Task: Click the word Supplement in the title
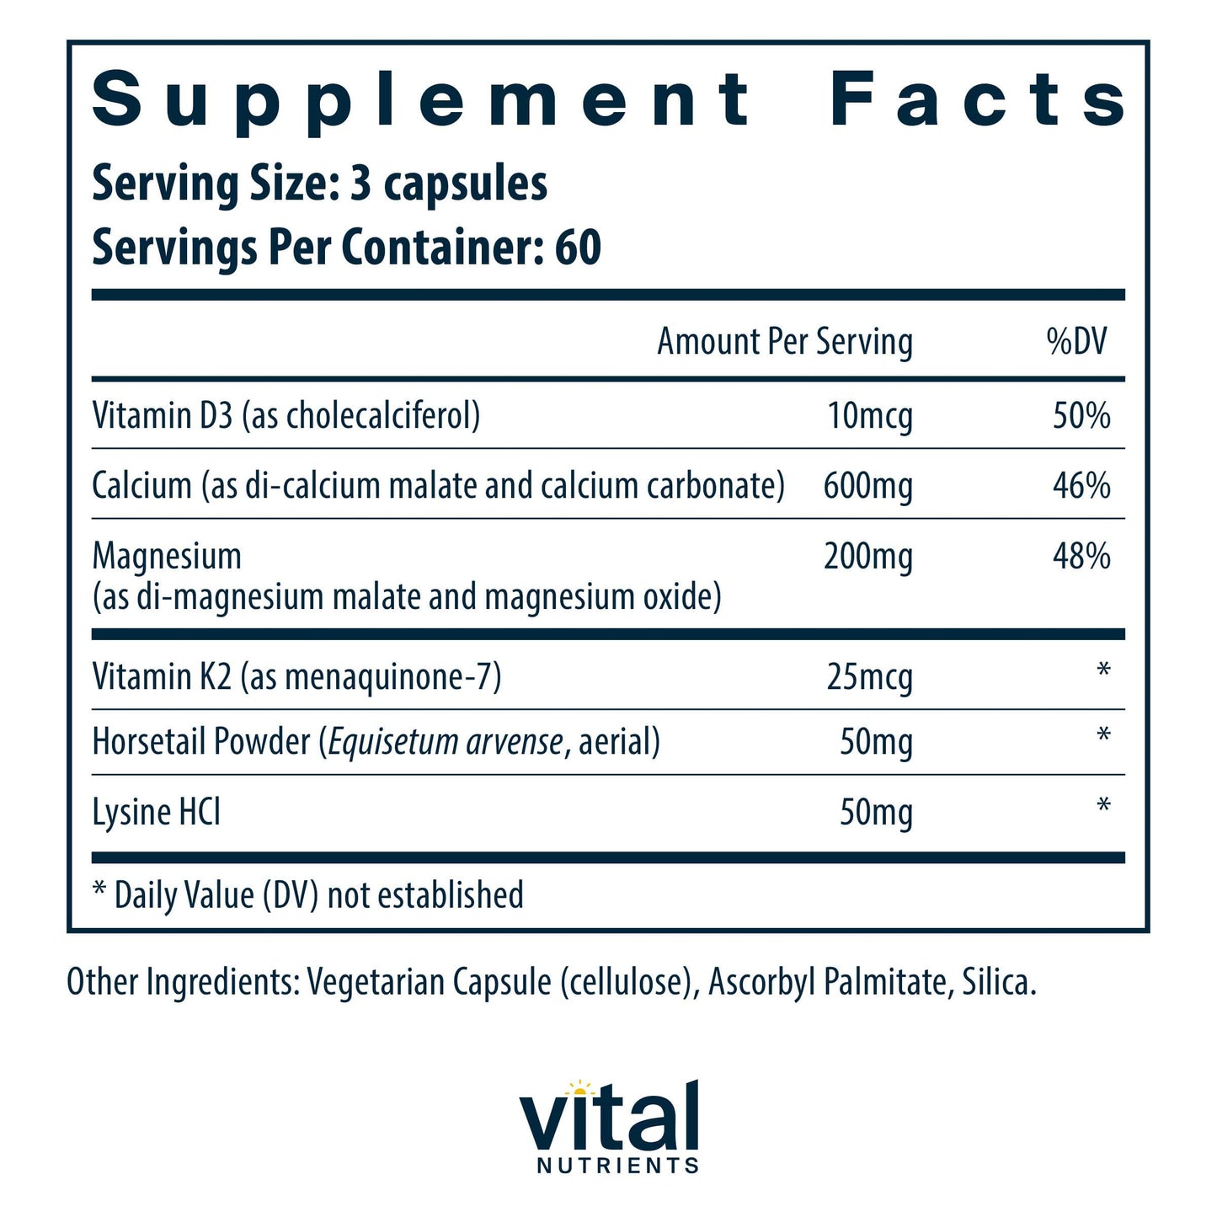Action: tap(421, 101)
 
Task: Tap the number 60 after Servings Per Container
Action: tap(578, 248)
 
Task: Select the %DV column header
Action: tap(1076, 342)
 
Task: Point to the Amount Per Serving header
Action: tap(784, 342)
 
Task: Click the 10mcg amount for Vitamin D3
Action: tap(869, 416)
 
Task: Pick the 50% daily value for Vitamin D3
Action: tap(1081, 416)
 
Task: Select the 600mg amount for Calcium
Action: tap(867, 486)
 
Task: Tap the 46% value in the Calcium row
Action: tap(1081, 486)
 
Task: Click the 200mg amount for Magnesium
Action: tap(867, 557)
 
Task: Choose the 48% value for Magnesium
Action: tap(1081, 557)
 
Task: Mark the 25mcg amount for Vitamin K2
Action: tap(869, 677)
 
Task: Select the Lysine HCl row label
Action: tap(157, 813)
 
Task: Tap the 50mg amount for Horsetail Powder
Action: tap(876, 743)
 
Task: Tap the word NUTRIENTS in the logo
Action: tap(617, 1166)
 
